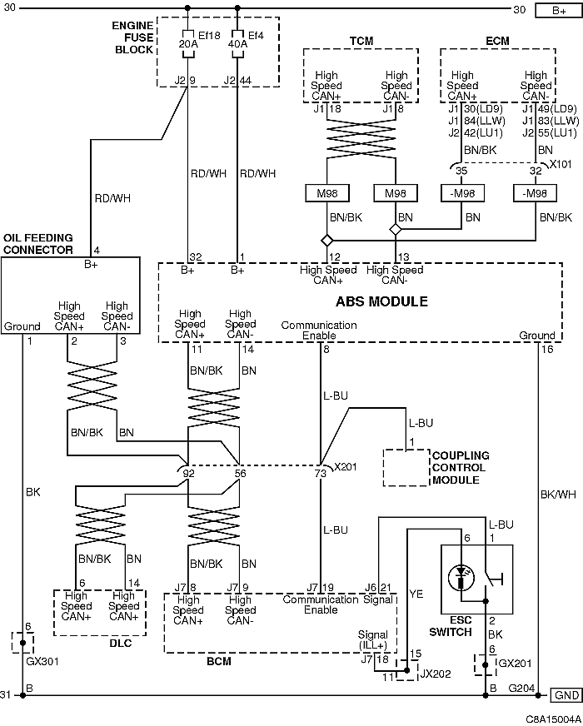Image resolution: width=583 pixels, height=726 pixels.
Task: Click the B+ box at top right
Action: (x=559, y=10)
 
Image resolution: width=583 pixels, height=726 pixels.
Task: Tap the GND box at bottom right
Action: (x=566, y=695)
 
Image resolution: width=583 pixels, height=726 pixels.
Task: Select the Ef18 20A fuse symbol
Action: (x=187, y=44)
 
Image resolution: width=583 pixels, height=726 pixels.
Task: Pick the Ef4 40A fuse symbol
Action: (x=237, y=44)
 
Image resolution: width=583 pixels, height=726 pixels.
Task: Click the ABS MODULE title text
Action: (x=381, y=301)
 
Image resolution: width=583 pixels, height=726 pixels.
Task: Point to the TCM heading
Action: (x=361, y=41)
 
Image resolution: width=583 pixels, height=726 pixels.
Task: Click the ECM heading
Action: (x=497, y=41)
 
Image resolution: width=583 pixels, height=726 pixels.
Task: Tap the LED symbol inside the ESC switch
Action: (x=461, y=577)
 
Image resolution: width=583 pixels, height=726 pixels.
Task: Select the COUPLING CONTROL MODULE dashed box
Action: (x=406, y=468)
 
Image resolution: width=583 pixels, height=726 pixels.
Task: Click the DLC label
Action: (x=121, y=643)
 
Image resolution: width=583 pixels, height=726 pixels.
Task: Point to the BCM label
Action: (x=218, y=661)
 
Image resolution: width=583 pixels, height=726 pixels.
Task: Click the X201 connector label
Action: (x=346, y=466)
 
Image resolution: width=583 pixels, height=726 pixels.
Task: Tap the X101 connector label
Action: (x=561, y=164)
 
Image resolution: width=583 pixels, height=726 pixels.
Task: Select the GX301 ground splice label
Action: (x=42, y=661)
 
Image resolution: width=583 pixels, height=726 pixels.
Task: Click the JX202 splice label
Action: (x=436, y=674)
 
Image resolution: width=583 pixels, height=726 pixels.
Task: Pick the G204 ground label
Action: (x=522, y=688)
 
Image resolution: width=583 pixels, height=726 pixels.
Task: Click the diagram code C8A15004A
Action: (x=553, y=719)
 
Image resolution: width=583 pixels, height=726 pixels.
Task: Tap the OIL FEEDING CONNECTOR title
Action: (x=38, y=244)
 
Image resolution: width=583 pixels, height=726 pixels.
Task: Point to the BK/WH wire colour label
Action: (x=558, y=495)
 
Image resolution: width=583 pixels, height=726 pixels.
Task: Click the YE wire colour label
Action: (x=416, y=594)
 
